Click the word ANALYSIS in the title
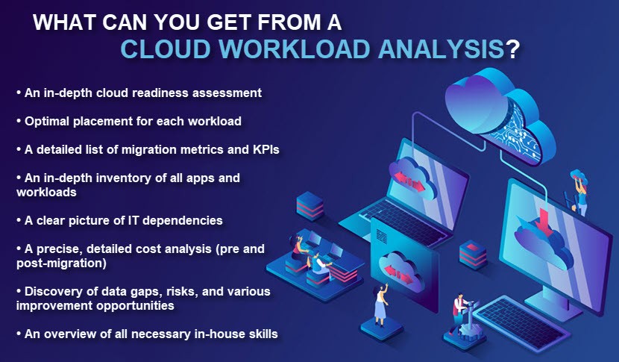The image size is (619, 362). [441, 49]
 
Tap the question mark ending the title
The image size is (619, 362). [512, 49]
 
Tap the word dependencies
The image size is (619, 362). [183, 220]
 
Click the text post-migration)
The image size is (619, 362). [62, 263]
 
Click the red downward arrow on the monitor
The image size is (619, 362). [544, 222]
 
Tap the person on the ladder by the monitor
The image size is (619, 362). [579, 192]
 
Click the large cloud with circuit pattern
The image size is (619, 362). [500, 115]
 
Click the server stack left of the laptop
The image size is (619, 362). [309, 205]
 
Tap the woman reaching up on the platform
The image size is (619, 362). [381, 305]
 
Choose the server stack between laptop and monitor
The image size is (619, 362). [473, 254]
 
